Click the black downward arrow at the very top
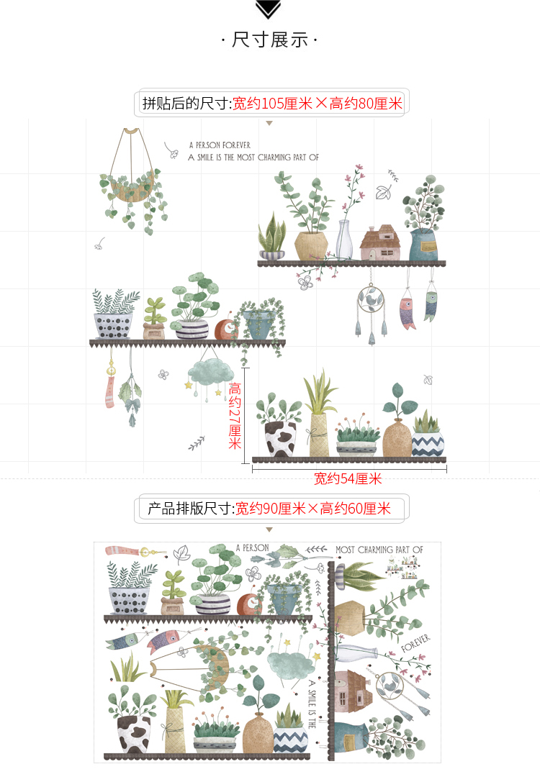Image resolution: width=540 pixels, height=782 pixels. coord(268,9)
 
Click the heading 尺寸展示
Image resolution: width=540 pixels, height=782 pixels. coord(270,40)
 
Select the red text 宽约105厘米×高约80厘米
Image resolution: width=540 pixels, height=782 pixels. coord(318,104)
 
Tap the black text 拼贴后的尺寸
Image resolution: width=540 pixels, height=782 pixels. coord(186,104)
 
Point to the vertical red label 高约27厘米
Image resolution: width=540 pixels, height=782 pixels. coord(235,415)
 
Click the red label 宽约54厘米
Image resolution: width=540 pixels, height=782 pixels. coord(348,479)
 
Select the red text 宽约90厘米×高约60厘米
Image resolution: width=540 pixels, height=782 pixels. coord(313,509)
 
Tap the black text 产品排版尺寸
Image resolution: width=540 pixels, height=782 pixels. coord(189,509)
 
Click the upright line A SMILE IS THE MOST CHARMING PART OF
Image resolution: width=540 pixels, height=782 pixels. coord(253,158)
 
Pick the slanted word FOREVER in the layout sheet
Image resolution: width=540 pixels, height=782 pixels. coord(415,643)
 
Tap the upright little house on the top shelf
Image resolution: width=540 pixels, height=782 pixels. coord(380,242)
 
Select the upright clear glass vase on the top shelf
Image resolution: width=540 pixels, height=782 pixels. coord(344,240)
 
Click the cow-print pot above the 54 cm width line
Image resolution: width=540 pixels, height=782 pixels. coord(280,438)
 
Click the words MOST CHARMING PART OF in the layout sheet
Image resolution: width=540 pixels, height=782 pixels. coord(379,550)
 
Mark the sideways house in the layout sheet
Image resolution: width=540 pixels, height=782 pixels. coord(352,691)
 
